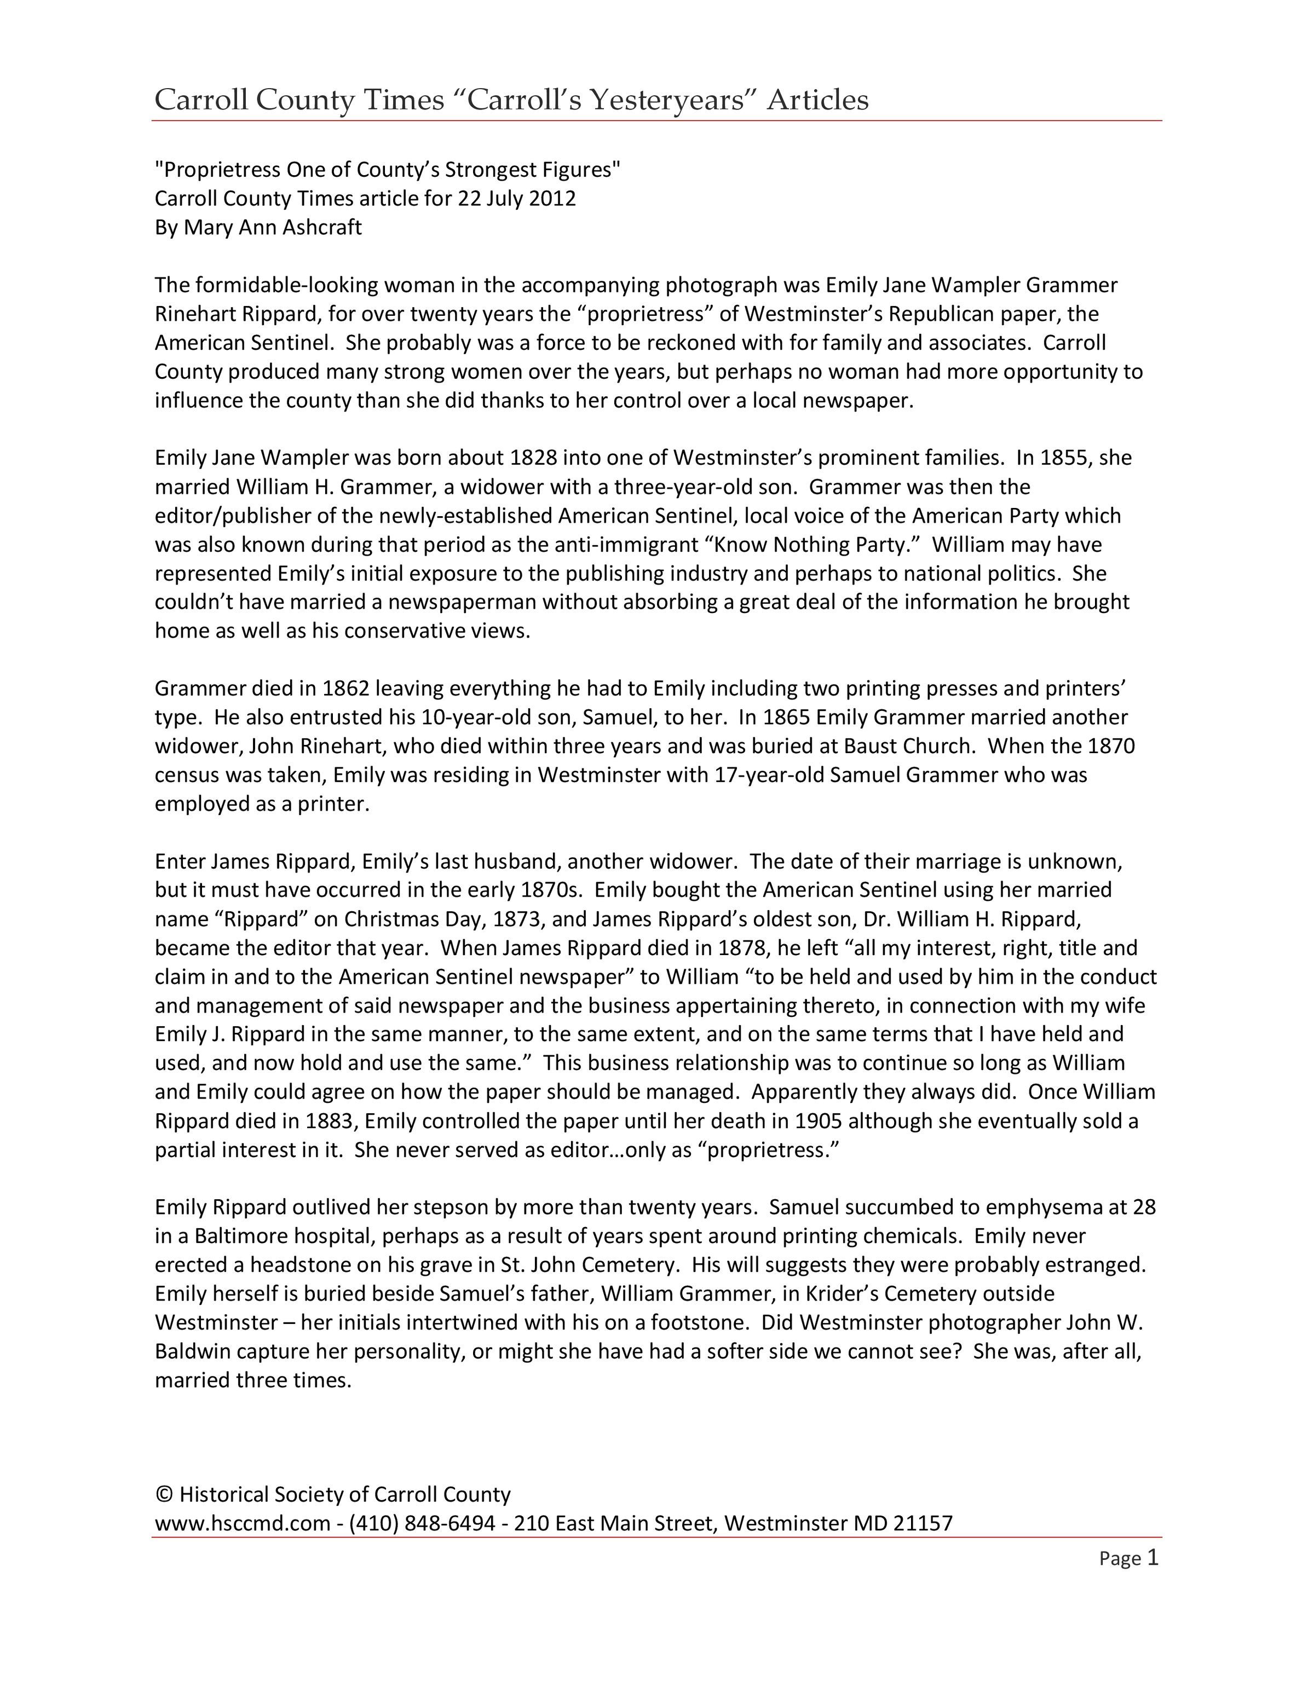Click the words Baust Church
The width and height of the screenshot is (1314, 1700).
click(908, 747)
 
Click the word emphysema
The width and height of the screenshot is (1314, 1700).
click(1052, 1207)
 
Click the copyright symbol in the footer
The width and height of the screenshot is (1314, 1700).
click(164, 1495)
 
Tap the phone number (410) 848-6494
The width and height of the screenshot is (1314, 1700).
click(423, 1523)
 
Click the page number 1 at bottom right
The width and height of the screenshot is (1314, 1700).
click(1153, 1558)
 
